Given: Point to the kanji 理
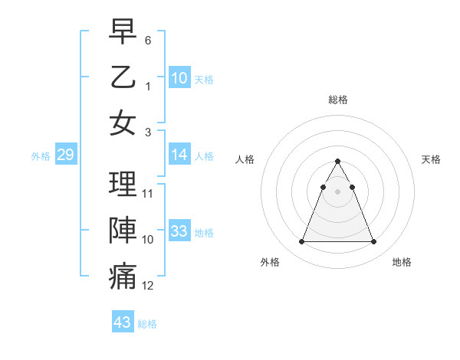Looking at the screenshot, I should (x=123, y=184).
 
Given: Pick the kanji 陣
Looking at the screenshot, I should (x=123, y=230).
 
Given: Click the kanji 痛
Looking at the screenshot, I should (x=123, y=277).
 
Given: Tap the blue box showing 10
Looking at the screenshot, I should (x=179, y=77).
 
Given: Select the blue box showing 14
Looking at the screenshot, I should (x=179, y=155).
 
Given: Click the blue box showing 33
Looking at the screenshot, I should (x=179, y=231).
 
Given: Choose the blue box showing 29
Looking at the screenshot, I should (x=65, y=155).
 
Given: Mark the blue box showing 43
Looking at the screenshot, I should (x=123, y=322).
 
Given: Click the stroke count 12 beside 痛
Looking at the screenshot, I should (x=148, y=286).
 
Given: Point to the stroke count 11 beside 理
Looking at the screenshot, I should (x=148, y=193).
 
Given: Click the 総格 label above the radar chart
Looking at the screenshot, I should (x=337, y=100).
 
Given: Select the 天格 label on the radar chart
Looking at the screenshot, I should (x=431, y=159).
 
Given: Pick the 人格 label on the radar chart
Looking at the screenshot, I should (x=245, y=159).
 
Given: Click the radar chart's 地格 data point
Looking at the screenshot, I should (x=373, y=242).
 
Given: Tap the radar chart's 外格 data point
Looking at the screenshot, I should (x=301, y=242).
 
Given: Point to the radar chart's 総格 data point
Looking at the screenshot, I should (x=337, y=161).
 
